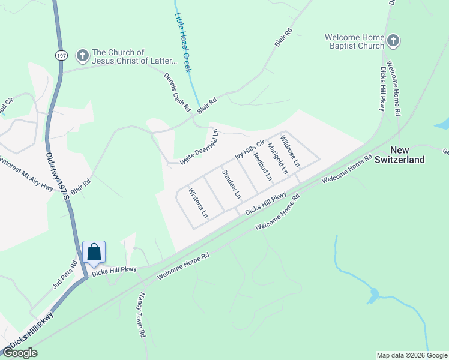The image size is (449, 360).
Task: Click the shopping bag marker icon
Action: (94, 251)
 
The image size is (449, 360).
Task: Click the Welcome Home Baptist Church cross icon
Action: (394, 41)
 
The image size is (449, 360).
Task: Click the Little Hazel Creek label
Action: (183, 43)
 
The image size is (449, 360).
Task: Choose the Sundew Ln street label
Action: (231, 184)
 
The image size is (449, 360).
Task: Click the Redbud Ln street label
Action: (262, 167)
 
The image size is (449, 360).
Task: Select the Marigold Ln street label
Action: (278, 158)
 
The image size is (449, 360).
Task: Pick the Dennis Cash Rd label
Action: (177, 92)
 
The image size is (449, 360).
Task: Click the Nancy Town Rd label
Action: (142, 314)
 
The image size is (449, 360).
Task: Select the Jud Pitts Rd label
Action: (65, 274)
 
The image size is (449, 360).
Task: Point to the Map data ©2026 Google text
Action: (411, 355)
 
